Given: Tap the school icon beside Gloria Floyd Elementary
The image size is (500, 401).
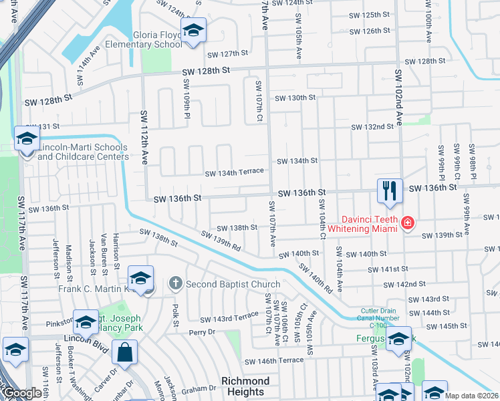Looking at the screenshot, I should [x=193, y=31].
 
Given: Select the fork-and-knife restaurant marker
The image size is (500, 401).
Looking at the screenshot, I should [x=388, y=190].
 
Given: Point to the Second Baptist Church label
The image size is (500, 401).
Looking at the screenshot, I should [x=233, y=284].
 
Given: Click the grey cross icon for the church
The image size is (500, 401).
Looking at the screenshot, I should [x=175, y=283].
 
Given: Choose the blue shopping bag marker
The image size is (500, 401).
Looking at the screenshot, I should [x=124, y=352].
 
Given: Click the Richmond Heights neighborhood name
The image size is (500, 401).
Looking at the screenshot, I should [x=245, y=386].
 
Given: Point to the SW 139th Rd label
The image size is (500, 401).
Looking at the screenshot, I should [x=223, y=241].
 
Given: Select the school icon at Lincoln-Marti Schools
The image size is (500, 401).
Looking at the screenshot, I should [x=27, y=140].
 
